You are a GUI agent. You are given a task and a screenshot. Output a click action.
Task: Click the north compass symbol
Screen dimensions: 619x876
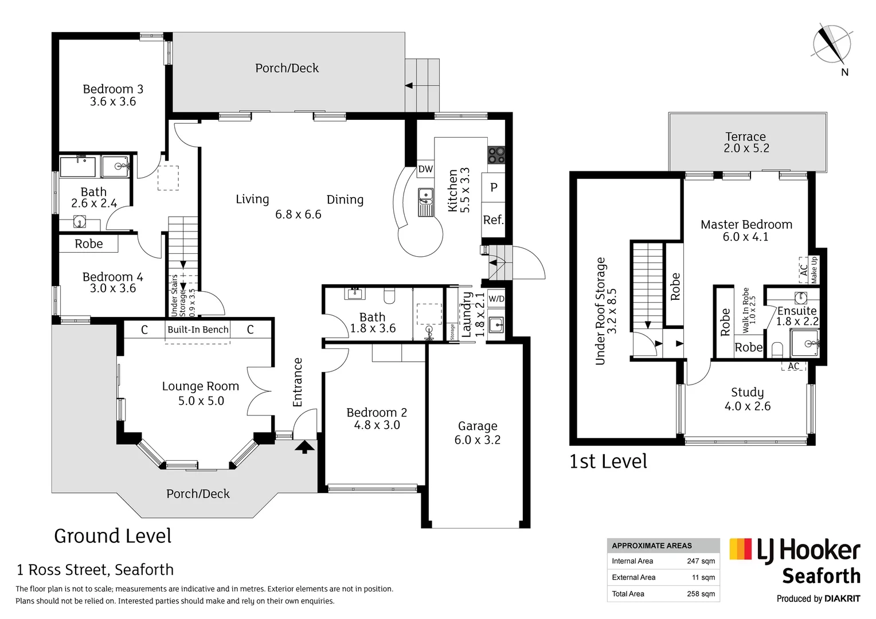pyautogui.click(x=832, y=45)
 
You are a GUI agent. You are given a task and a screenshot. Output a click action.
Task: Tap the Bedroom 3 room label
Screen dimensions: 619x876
pyautogui.click(x=113, y=89)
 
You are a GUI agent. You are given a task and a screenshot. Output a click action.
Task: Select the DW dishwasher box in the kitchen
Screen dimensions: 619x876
pyautogui.click(x=425, y=169)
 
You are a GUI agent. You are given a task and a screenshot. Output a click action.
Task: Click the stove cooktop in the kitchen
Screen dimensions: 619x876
pyautogui.click(x=496, y=155)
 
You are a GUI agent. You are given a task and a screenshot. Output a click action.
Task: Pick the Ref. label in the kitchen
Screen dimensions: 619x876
pyautogui.click(x=493, y=220)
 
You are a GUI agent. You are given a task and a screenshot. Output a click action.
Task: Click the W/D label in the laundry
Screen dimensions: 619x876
pyautogui.click(x=496, y=299)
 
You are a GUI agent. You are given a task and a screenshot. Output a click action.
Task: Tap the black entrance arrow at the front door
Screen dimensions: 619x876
pyautogui.click(x=304, y=446)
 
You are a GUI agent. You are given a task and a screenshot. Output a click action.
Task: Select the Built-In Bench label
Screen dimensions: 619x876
pyautogui.click(x=198, y=330)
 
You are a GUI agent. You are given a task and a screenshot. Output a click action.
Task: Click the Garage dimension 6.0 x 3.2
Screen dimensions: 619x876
pyautogui.click(x=477, y=440)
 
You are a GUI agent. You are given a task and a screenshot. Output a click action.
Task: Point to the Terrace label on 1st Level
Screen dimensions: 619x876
pyautogui.click(x=745, y=136)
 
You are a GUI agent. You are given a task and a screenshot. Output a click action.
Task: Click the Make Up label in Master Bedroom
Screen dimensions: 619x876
pyautogui.click(x=814, y=270)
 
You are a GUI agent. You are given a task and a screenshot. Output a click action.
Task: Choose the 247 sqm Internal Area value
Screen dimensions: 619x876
pyautogui.click(x=701, y=561)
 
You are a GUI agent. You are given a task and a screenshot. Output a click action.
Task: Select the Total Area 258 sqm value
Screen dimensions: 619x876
pyautogui.click(x=701, y=594)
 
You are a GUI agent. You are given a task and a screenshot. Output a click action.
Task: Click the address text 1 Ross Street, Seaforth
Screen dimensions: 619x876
pyautogui.click(x=95, y=570)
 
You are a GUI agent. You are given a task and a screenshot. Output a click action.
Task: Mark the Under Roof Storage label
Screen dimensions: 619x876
pyautogui.click(x=600, y=311)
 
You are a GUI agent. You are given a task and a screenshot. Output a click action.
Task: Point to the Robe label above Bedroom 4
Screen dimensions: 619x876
pyautogui.click(x=89, y=244)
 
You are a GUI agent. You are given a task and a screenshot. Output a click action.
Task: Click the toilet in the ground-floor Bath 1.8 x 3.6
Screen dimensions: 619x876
pyautogui.click(x=390, y=296)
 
